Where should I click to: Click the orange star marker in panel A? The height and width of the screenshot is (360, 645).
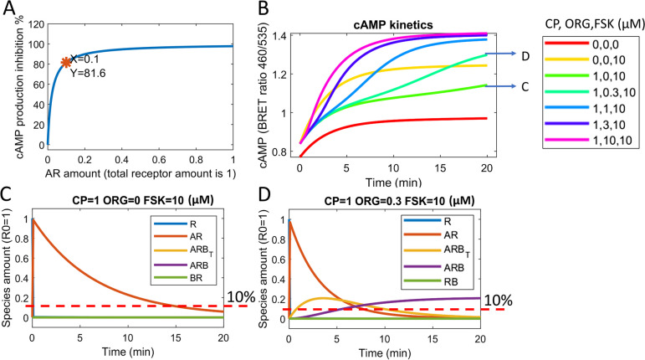tap(66, 61)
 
